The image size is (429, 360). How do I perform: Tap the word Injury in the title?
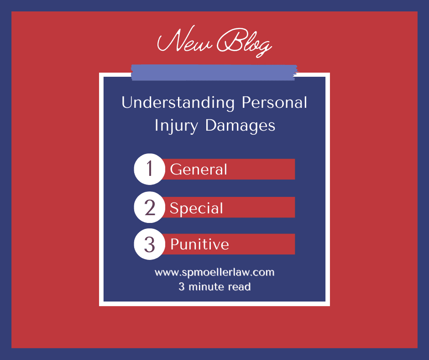coord(177,125)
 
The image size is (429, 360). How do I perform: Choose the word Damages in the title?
coord(240,125)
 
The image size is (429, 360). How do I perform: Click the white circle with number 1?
coord(149,169)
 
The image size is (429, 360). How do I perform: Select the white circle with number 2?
coord(149,207)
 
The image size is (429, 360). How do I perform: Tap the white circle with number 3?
coord(149,244)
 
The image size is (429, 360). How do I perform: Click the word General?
coord(199,169)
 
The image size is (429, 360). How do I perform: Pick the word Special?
coord(196,208)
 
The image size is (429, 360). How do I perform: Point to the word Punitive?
coord(199,244)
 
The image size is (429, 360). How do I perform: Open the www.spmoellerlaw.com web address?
coord(214,273)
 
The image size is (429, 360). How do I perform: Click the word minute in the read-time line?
coord(208,287)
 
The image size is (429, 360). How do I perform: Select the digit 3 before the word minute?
coord(181,287)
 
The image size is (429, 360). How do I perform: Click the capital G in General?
coord(176,169)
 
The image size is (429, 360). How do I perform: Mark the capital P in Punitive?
coord(175,244)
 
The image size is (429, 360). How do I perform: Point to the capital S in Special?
coord(174,208)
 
